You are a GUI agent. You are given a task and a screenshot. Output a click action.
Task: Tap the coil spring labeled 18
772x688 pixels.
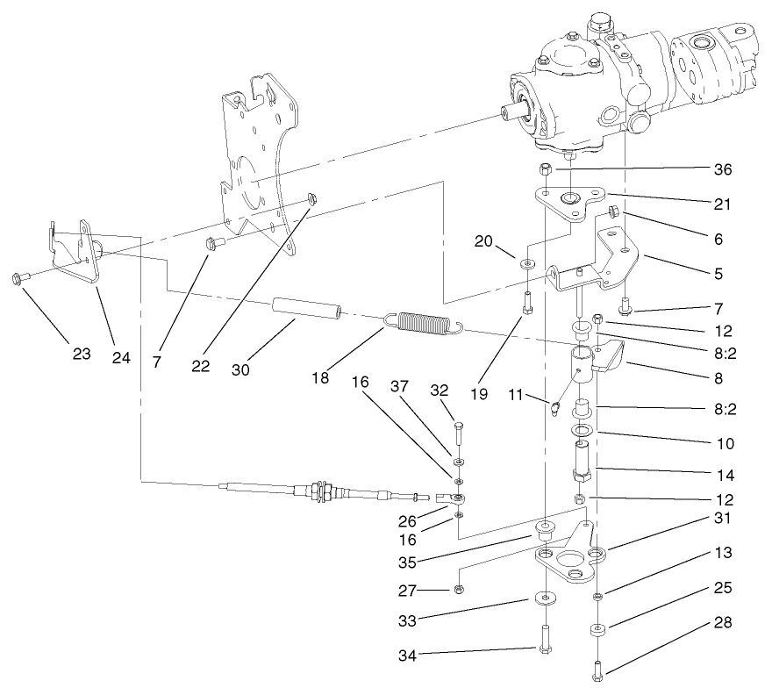(424, 324)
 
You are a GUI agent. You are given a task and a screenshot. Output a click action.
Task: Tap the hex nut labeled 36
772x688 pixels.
(545, 168)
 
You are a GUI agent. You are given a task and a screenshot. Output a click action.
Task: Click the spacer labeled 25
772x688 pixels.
(596, 629)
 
